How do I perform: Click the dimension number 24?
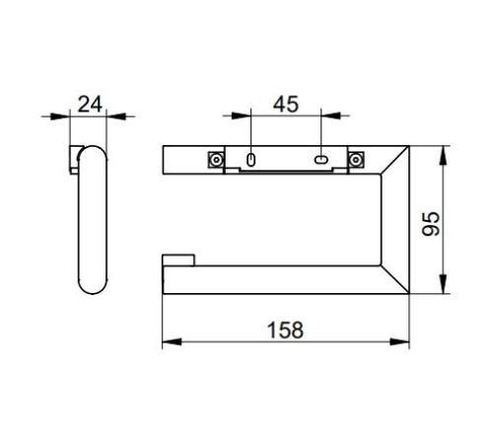[x=90, y=105]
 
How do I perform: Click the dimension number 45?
[x=286, y=104]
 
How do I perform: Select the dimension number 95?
[x=431, y=224]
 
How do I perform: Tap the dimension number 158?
[x=285, y=330]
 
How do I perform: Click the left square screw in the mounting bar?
[x=216, y=160]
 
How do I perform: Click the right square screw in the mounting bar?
[x=355, y=160]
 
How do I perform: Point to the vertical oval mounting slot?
[x=250, y=160]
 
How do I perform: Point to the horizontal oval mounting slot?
[x=321, y=160]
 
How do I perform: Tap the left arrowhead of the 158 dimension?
[x=172, y=341]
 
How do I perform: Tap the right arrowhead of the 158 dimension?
[x=399, y=341]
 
